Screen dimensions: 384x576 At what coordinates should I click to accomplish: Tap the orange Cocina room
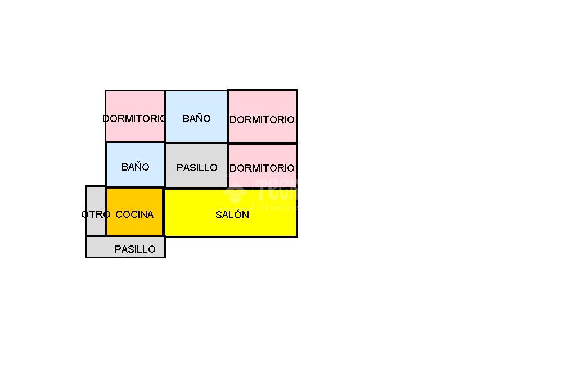(x=134, y=225)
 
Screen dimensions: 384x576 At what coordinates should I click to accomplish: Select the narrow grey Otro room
(x=96, y=225)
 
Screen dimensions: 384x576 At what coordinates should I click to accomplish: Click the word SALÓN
(x=232, y=215)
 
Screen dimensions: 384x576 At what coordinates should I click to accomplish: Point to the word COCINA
(x=134, y=215)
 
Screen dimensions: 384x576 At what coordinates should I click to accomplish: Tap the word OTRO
(x=96, y=215)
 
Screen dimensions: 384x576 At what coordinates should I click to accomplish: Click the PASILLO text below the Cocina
(x=135, y=249)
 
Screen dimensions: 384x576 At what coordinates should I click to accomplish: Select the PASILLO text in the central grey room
(x=197, y=168)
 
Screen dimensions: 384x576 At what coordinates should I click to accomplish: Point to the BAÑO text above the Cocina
(x=136, y=167)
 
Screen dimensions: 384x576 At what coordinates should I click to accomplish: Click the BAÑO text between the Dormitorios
(x=197, y=119)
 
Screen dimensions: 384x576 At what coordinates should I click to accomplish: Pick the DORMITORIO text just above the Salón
(x=262, y=168)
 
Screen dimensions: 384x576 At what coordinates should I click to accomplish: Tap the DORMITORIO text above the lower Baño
(x=134, y=119)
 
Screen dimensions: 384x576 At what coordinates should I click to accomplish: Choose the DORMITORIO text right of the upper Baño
(x=262, y=120)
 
